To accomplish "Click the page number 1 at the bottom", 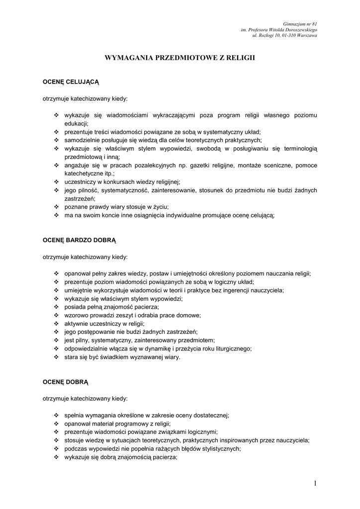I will (315, 483).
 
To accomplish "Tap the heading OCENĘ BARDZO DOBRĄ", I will (79, 240).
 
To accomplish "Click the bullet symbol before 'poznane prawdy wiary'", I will (56, 207).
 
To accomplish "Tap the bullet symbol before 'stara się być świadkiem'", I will (56, 357).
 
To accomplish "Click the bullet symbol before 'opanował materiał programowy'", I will (56, 424).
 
